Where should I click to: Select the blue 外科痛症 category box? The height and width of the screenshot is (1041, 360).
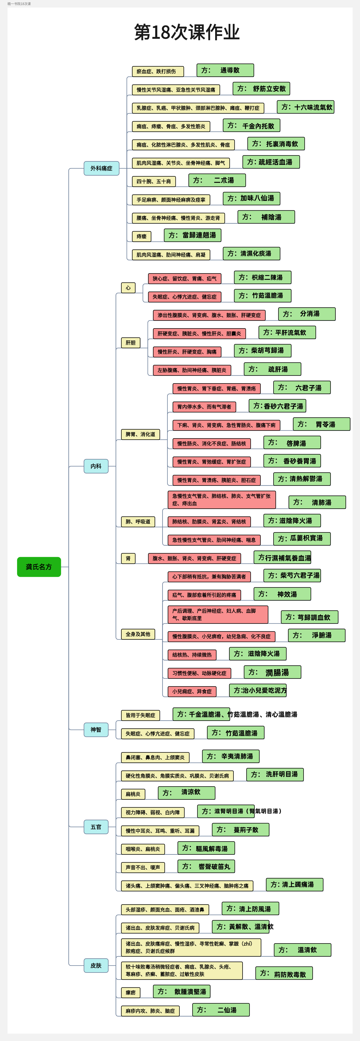101,168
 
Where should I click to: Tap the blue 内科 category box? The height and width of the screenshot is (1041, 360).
96,466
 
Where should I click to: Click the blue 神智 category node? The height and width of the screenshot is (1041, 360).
96,729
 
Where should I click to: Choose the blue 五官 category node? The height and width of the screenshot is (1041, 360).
96,827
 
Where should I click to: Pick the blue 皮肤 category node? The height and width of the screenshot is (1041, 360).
96,965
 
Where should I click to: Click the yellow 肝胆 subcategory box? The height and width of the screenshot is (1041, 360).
131,343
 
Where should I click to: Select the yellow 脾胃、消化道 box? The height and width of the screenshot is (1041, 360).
140,434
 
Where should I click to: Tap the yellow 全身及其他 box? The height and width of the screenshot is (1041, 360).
138,634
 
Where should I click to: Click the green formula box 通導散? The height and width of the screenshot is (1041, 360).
225,70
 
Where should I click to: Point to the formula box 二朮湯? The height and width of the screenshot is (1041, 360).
217,180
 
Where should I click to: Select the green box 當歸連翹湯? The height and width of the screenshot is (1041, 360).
192,235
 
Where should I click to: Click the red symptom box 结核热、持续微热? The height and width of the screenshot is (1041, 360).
192,655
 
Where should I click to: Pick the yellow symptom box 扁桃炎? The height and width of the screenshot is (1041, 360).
133,794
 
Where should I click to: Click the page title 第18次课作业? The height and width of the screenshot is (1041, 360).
187,32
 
